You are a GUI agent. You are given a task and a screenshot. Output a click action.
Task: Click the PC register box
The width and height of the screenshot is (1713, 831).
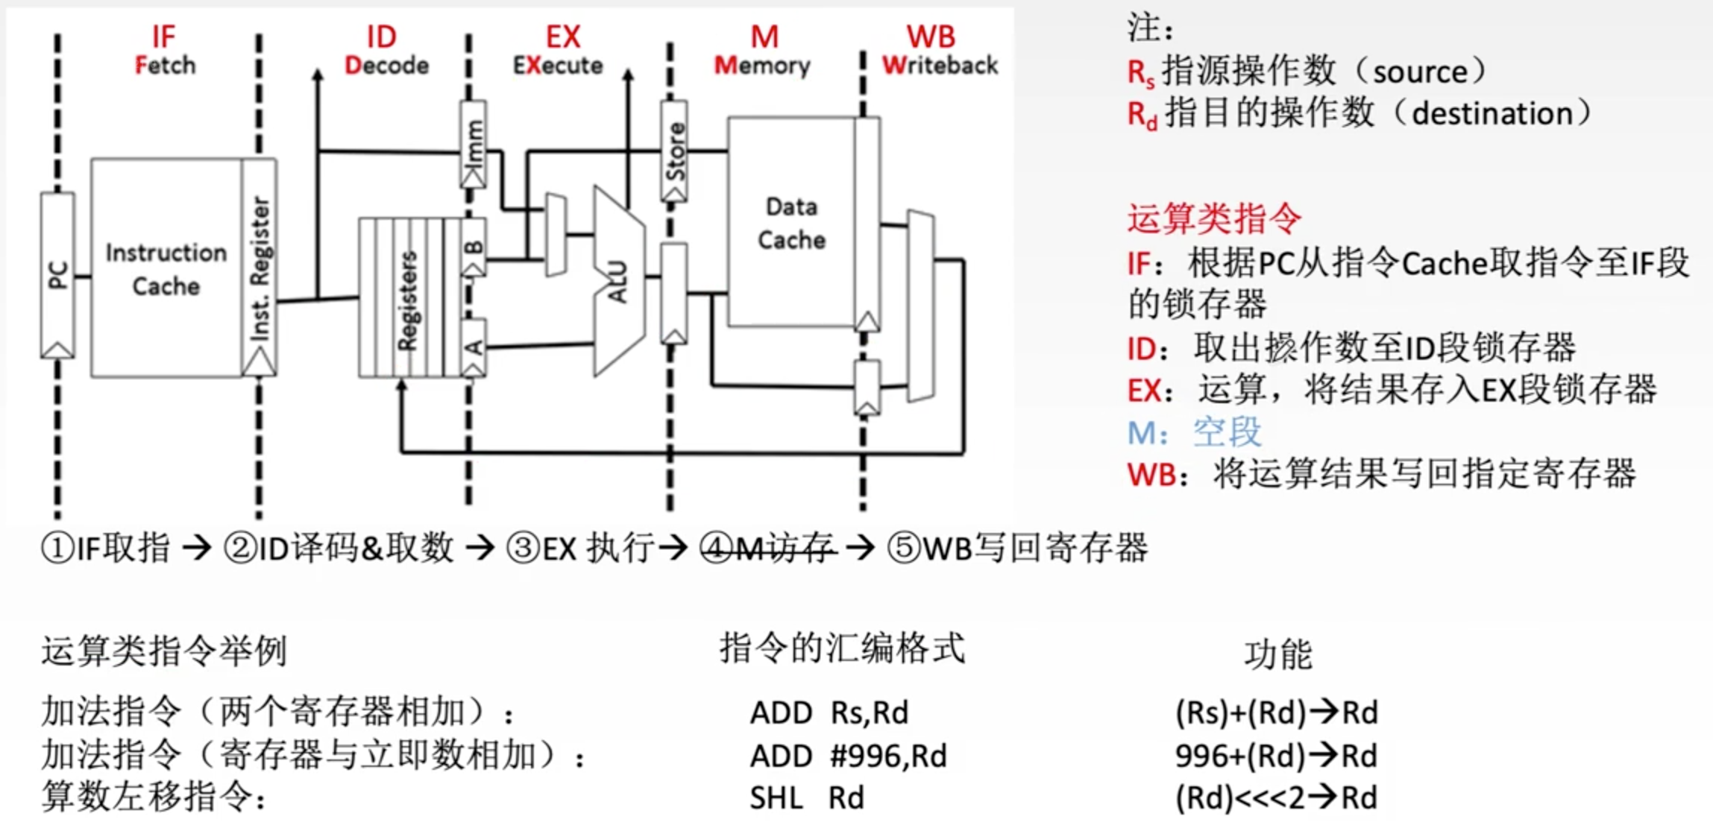tap(57, 275)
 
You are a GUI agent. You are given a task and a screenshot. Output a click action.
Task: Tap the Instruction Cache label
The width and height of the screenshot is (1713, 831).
tap(166, 269)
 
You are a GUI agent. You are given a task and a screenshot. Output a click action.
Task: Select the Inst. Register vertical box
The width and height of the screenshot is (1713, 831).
tap(259, 267)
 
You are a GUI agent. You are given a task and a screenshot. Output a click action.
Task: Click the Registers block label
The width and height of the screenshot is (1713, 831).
tap(407, 300)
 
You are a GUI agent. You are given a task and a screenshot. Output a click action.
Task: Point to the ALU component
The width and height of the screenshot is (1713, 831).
tap(617, 281)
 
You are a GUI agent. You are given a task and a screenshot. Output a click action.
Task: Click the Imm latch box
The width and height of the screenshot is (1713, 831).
tap(474, 144)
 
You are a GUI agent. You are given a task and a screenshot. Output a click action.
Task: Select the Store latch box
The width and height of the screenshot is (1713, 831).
tap(674, 151)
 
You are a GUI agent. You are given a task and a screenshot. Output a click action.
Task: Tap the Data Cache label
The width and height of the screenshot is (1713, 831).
tap(791, 223)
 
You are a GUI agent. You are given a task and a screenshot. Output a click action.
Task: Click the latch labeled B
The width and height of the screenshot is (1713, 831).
tap(474, 247)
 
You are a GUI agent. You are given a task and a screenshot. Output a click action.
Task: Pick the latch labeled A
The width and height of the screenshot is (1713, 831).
tap(474, 347)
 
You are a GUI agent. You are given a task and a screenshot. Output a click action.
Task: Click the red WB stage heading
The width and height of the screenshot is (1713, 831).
tap(930, 37)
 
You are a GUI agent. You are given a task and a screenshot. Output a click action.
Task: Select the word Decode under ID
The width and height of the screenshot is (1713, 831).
tap(386, 66)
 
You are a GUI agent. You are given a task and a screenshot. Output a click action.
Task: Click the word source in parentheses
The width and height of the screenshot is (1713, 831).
tap(1419, 72)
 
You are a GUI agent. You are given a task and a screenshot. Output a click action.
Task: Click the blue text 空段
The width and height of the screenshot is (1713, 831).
tap(1227, 432)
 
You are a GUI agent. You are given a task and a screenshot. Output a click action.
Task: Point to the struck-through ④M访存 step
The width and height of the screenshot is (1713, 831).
tap(768, 549)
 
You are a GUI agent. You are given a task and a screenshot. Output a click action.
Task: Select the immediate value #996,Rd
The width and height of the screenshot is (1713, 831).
tap(888, 756)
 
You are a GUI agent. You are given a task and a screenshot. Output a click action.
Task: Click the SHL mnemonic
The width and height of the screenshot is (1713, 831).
tap(776, 798)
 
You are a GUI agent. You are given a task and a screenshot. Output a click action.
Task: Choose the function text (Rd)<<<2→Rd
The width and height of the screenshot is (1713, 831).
tap(1276, 798)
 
